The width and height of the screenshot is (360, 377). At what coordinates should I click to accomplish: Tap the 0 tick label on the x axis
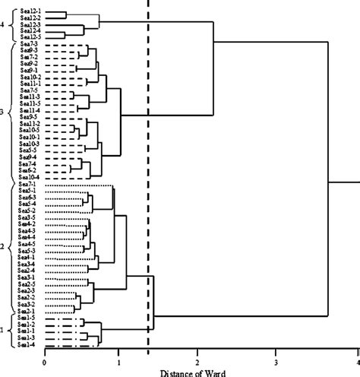coord(45,360)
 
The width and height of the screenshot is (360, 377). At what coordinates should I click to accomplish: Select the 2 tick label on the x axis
coord(197,360)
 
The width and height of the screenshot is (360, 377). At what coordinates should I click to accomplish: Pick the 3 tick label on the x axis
coord(276,360)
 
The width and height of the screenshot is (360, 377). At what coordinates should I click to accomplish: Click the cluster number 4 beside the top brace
coord(3,25)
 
